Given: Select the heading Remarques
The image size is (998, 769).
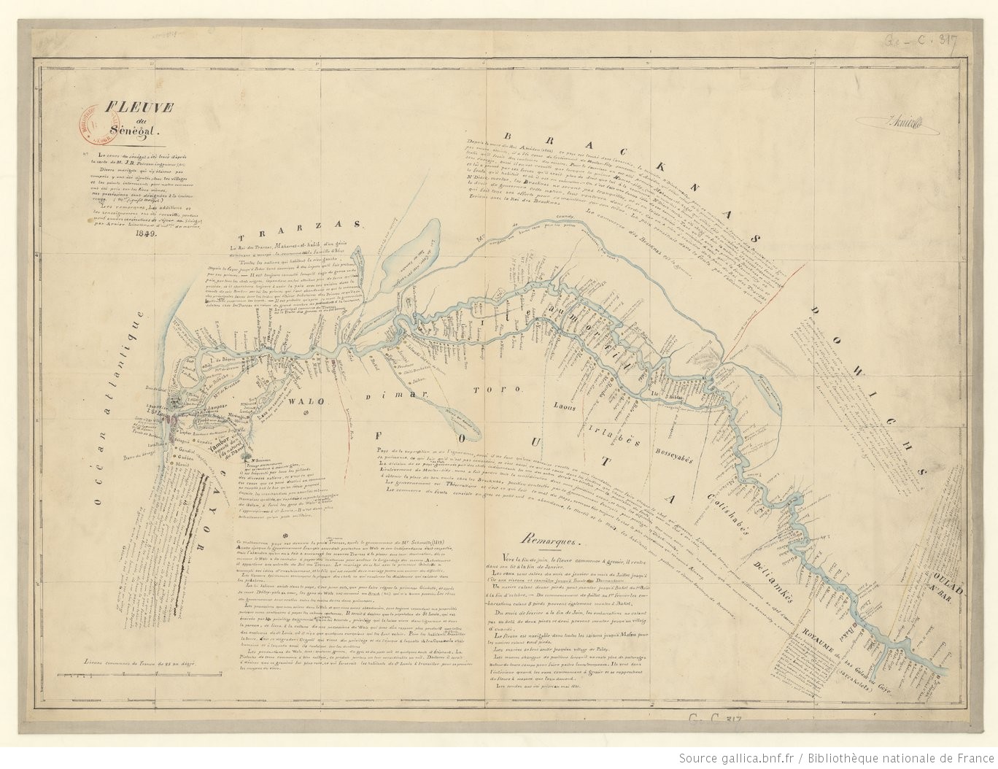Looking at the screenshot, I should click(549, 541).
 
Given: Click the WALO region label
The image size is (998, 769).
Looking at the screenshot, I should click(300, 401).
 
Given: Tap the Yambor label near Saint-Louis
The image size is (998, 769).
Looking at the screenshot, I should click(220, 453).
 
